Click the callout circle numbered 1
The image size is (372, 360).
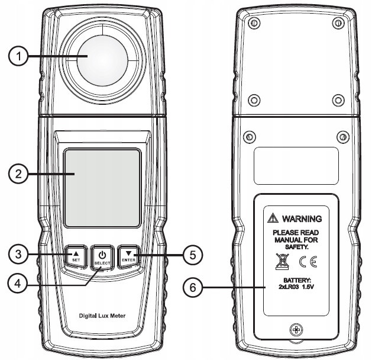pyautogui.click(x=18, y=56)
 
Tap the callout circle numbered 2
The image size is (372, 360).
pyautogui.click(x=18, y=174)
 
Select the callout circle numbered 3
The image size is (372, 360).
pyautogui.click(x=18, y=255)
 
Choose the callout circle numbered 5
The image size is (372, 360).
pyautogui.click(x=193, y=255)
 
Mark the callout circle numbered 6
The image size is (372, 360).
pyautogui.click(x=193, y=288)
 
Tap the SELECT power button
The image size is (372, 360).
pyautogui.click(x=102, y=257)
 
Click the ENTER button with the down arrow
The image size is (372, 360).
pyautogui.click(x=129, y=257)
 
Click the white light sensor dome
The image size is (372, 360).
pyautogui.click(x=102, y=60)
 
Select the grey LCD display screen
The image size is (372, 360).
pyautogui.click(x=102, y=188)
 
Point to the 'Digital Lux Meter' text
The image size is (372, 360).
pyautogui.click(x=102, y=316)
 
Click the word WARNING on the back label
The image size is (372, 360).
pyautogui.click(x=302, y=218)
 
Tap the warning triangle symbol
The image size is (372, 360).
pyautogui.click(x=273, y=218)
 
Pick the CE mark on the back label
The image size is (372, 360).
pyautogui.click(x=308, y=262)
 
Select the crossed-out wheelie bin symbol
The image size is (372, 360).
pyautogui.click(x=282, y=262)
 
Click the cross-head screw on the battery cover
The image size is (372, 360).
pyautogui.click(x=296, y=330)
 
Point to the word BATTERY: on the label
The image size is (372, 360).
pyautogui.click(x=297, y=281)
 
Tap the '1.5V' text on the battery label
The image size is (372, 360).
pyautogui.click(x=308, y=287)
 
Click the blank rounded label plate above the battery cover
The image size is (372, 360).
pyautogui.click(x=296, y=166)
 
